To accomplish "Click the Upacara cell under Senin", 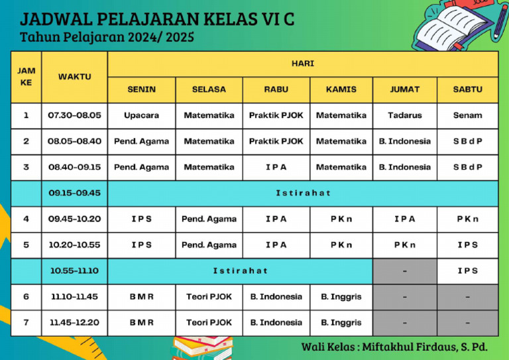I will point(141,115).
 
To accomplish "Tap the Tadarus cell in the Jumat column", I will point(404,115).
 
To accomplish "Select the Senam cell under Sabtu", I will point(467,115).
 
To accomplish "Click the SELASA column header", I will point(209,90).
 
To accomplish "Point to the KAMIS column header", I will point(341,90).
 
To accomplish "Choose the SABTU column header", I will point(467,90).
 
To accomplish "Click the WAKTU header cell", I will point(74,77).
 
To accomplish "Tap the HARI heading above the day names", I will point(303,64).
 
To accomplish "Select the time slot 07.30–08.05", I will point(74,115).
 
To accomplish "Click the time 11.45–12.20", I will point(74,323).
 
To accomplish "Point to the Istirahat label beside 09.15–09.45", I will point(303,193).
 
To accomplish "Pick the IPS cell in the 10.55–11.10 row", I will point(467,270).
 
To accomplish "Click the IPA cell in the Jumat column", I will point(404,219).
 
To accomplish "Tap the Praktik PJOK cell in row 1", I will point(276,115).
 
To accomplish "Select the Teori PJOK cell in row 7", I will point(209,323).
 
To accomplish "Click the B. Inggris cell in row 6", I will point(341,297).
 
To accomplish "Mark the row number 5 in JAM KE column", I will point(26,245).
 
